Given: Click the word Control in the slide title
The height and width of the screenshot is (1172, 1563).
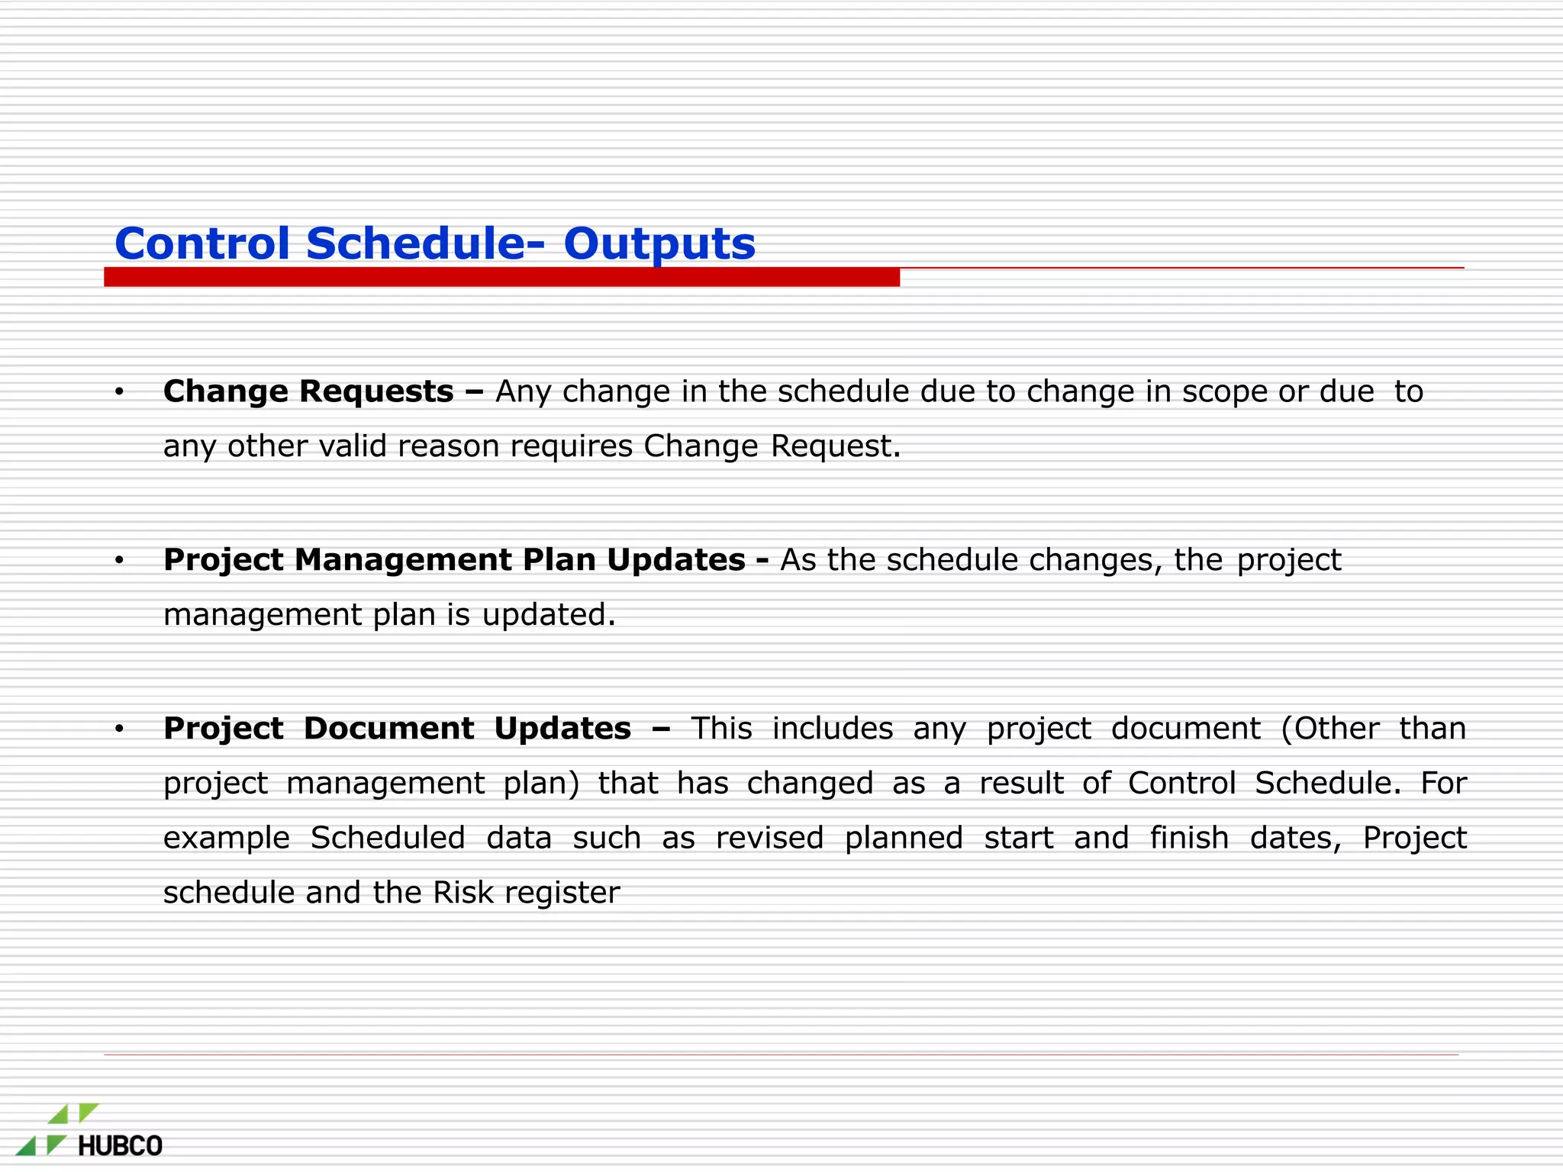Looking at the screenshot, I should (x=202, y=243).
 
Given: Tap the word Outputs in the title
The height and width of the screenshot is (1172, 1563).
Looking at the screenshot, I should (x=659, y=245).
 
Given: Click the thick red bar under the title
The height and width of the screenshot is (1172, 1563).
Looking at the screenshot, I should (x=501, y=277).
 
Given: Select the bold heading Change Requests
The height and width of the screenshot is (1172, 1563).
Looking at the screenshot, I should (x=308, y=391).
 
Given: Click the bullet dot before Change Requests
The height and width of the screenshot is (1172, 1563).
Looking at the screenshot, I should (x=119, y=393).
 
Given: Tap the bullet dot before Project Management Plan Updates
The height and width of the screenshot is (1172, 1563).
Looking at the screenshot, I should (x=119, y=562).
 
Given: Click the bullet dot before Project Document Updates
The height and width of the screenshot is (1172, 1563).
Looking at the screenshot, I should (x=119, y=730).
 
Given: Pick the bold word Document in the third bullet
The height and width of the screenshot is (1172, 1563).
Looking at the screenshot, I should (x=388, y=729).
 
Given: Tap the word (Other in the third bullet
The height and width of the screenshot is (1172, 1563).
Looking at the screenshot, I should (x=1330, y=729).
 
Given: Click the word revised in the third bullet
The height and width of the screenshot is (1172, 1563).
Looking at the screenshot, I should (x=769, y=838).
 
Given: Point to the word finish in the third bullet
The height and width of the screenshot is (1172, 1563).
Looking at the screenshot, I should (x=1189, y=838).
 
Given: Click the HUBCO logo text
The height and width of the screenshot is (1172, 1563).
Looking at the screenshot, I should (x=121, y=1146).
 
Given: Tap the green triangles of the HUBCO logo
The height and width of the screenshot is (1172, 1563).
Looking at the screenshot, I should (x=57, y=1129).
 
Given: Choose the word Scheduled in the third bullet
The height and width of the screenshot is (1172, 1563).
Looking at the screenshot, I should (x=388, y=838).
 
